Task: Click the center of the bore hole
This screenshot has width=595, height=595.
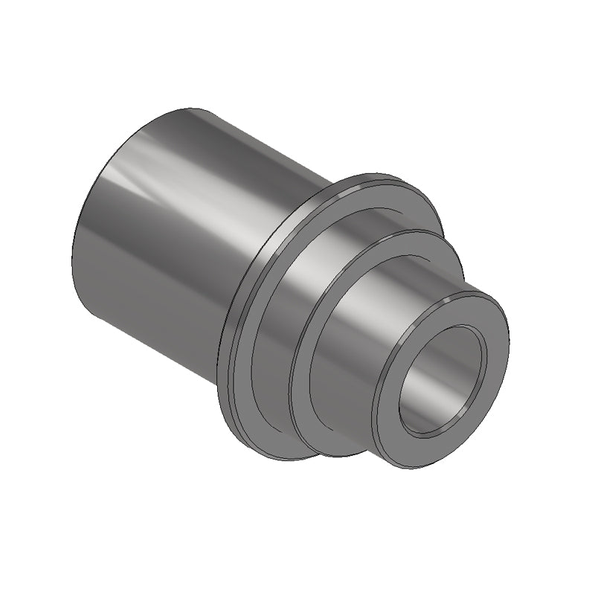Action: (x=443, y=379)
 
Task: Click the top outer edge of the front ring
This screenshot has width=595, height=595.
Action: (x=476, y=295)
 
